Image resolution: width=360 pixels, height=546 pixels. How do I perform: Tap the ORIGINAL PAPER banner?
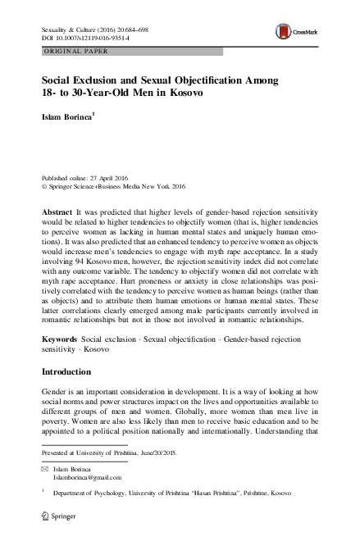point(77,52)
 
